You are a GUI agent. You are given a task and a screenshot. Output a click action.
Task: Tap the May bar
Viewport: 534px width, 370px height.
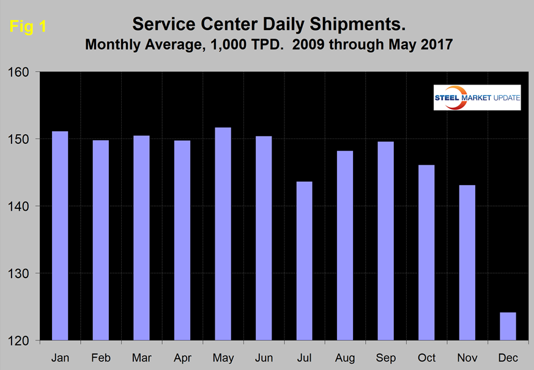coord(223,233)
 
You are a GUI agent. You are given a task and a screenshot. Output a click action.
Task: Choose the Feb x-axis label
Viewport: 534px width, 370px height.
coord(100,356)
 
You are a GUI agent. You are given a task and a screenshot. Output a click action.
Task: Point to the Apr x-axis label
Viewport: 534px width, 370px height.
coord(182,356)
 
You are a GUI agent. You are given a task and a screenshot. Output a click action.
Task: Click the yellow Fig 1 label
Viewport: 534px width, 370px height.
coord(28,27)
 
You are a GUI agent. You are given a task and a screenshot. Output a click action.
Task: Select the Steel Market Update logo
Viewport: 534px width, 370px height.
coord(477,97)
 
